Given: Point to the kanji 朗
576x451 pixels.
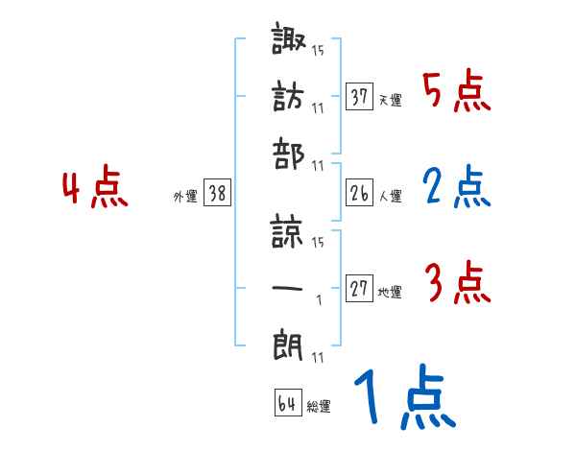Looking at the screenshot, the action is [289, 343].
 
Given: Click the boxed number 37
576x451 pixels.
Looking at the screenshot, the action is [359, 98].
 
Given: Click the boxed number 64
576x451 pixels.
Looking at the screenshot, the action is [287, 404].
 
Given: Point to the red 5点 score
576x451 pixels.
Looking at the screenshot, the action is [457, 92].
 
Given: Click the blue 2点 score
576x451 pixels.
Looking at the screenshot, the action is [457, 189].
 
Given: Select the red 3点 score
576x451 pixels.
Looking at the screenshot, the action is [457, 285].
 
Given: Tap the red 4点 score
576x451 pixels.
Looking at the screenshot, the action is [96, 189].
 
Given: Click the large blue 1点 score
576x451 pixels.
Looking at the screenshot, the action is [403, 400].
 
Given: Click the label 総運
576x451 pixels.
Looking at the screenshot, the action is [318, 407].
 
